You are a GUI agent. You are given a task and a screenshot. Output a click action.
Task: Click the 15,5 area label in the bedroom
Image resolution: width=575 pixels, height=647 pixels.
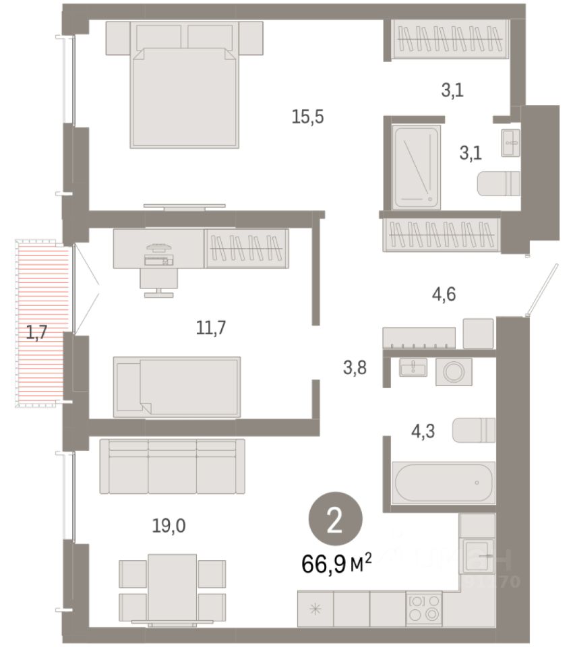308,117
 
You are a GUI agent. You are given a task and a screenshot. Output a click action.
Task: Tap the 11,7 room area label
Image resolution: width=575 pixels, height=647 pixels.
210,328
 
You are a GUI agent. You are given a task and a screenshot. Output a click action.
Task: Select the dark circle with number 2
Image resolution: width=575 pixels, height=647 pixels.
336,520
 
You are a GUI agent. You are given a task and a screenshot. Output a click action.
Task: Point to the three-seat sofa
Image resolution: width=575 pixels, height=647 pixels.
172,466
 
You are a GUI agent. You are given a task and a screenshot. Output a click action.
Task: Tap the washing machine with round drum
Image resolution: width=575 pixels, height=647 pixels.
453,372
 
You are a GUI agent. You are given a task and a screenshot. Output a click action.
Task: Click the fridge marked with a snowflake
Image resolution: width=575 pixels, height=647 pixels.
315,609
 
